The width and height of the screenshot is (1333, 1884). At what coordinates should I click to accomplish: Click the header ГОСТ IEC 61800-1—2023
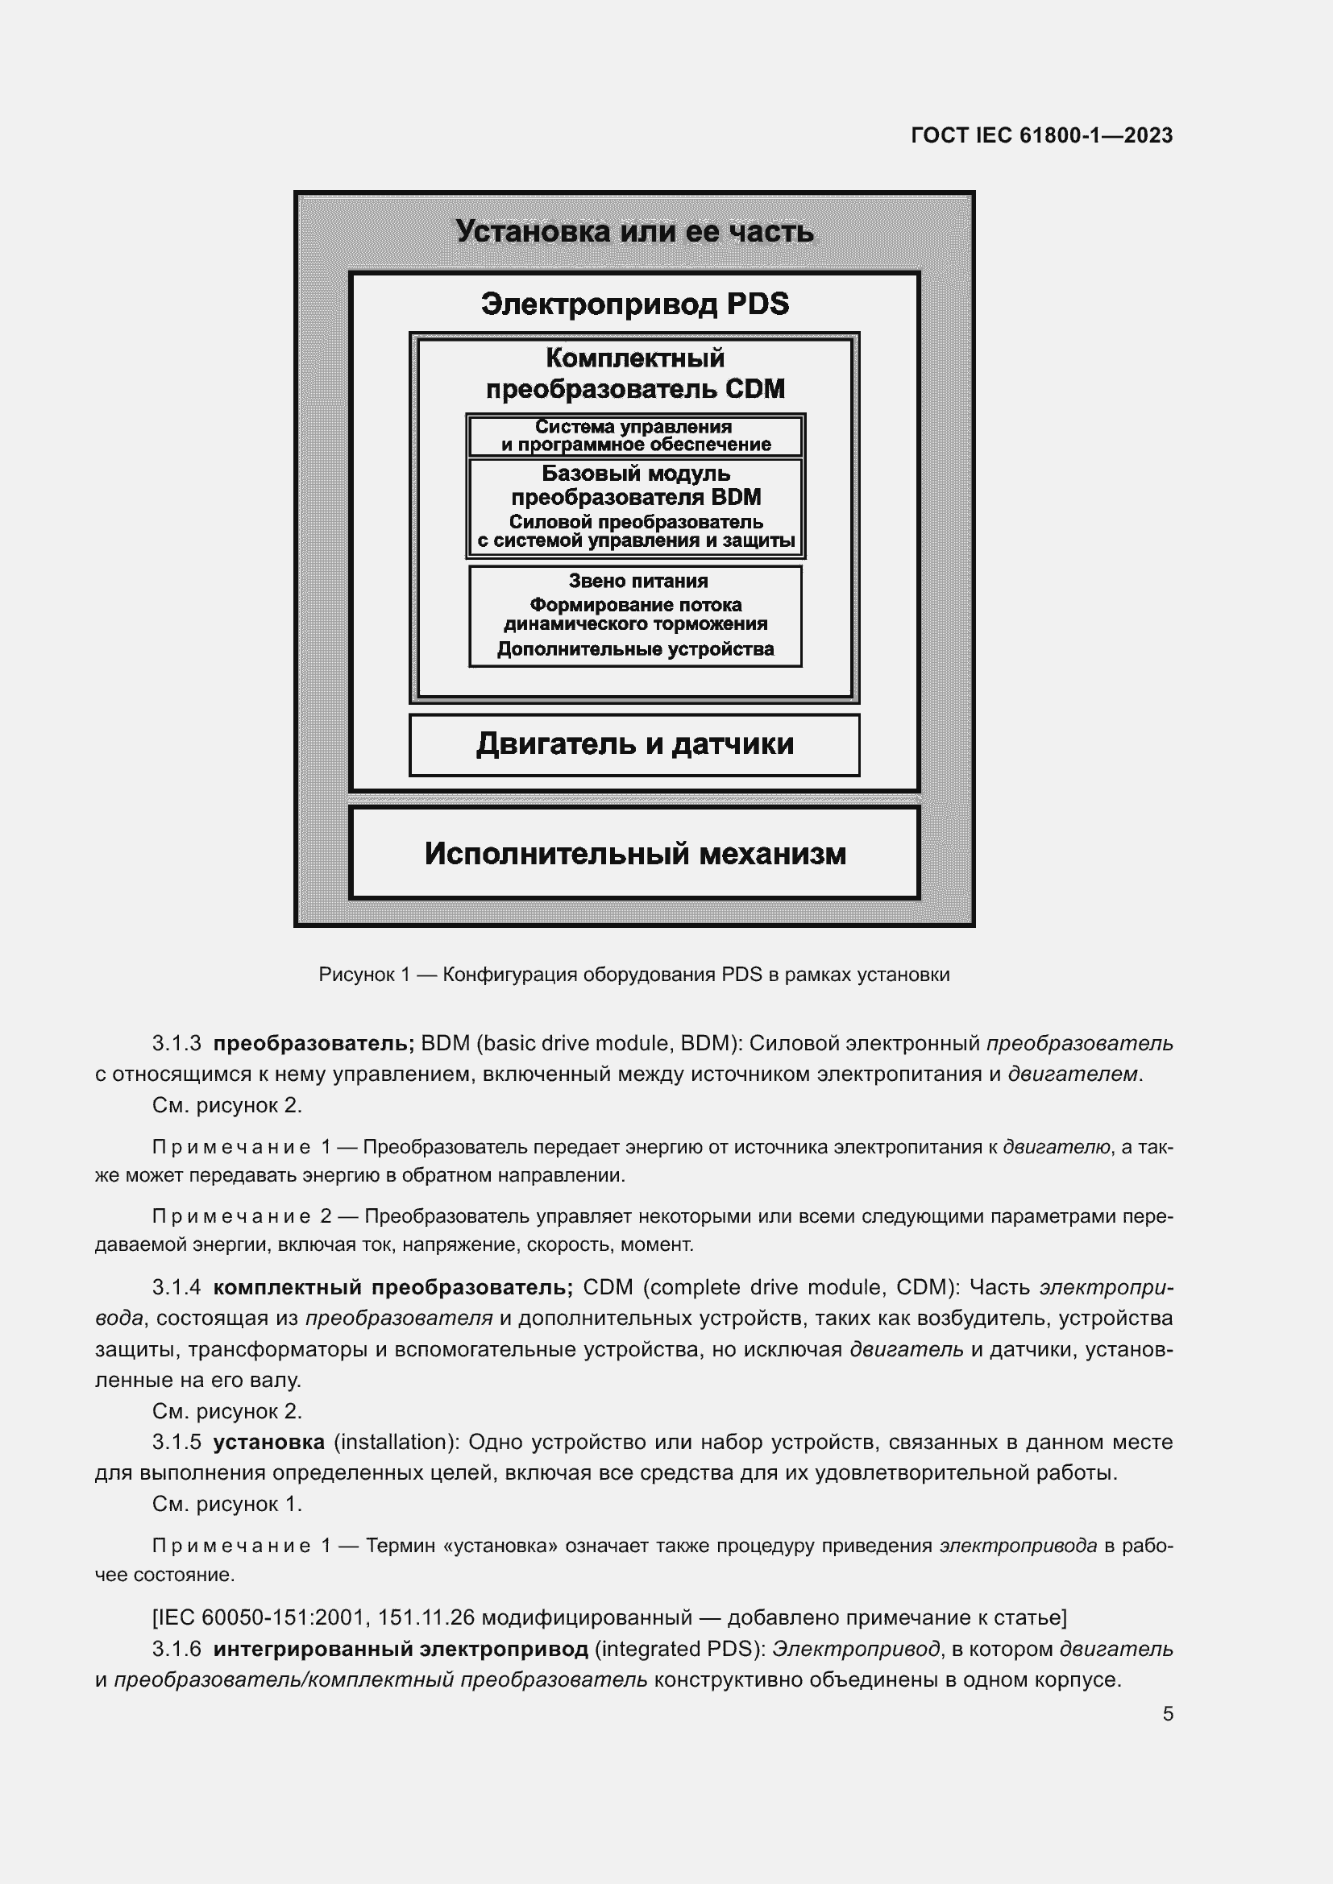pyautogui.click(x=1040, y=135)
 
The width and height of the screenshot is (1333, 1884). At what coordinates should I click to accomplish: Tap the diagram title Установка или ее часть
pyautogui.click(x=634, y=231)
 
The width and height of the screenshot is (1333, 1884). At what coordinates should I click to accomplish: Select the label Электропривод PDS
pyautogui.click(x=634, y=304)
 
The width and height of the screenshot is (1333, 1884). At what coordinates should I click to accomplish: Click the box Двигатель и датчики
pyautogui.click(x=634, y=744)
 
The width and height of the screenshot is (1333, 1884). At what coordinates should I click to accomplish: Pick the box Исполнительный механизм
pyautogui.click(x=634, y=853)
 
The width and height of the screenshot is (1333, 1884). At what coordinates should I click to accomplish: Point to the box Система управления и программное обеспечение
pyautogui.click(x=635, y=436)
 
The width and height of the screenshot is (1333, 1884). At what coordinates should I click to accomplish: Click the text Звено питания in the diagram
pyautogui.click(x=637, y=581)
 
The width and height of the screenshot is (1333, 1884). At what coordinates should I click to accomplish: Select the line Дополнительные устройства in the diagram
pyautogui.click(x=635, y=649)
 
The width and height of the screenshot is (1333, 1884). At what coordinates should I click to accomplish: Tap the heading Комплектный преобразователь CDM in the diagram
pyautogui.click(x=634, y=374)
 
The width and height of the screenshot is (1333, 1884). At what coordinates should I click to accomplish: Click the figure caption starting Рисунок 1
pyautogui.click(x=633, y=975)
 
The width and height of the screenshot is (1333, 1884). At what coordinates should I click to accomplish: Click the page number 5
pyautogui.click(x=1167, y=1714)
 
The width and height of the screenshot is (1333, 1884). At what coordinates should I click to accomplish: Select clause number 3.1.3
pyautogui.click(x=176, y=1044)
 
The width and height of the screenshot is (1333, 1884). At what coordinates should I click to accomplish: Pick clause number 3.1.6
pyautogui.click(x=176, y=1650)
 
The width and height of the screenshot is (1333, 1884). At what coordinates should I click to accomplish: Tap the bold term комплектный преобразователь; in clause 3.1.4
pyautogui.click(x=392, y=1287)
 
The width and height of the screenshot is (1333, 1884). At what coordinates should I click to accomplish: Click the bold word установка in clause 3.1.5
pyautogui.click(x=268, y=1442)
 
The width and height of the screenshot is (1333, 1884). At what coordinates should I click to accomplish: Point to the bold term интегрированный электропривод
pyautogui.click(x=401, y=1650)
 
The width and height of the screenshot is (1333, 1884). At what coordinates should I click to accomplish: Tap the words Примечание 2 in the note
pyautogui.click(x=241, y=1216)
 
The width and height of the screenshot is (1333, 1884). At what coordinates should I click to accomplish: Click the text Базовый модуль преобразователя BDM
pyautogui.click(x=635, y=485)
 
